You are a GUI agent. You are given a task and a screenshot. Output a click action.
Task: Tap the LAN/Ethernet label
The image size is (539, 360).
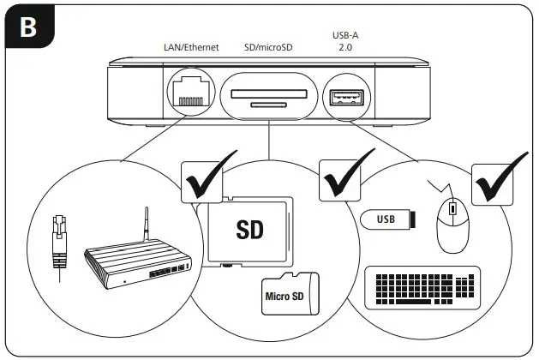[x=189, y=48]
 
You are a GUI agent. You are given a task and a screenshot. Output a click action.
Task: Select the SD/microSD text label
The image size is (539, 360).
[x=269, y=48]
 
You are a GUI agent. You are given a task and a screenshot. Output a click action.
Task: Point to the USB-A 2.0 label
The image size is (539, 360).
[x=344, y=42]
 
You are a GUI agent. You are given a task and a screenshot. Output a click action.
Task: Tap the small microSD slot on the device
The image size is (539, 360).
[x=269, y=105]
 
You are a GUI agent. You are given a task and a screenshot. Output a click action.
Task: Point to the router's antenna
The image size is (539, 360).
[x=147, y=227]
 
